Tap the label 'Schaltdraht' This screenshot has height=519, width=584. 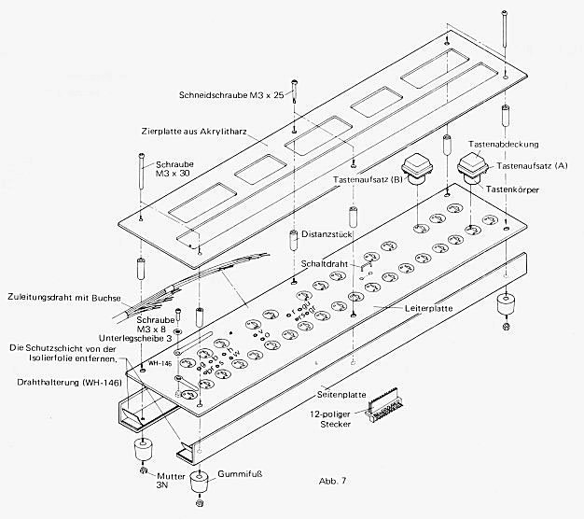(x=327, y=264)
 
